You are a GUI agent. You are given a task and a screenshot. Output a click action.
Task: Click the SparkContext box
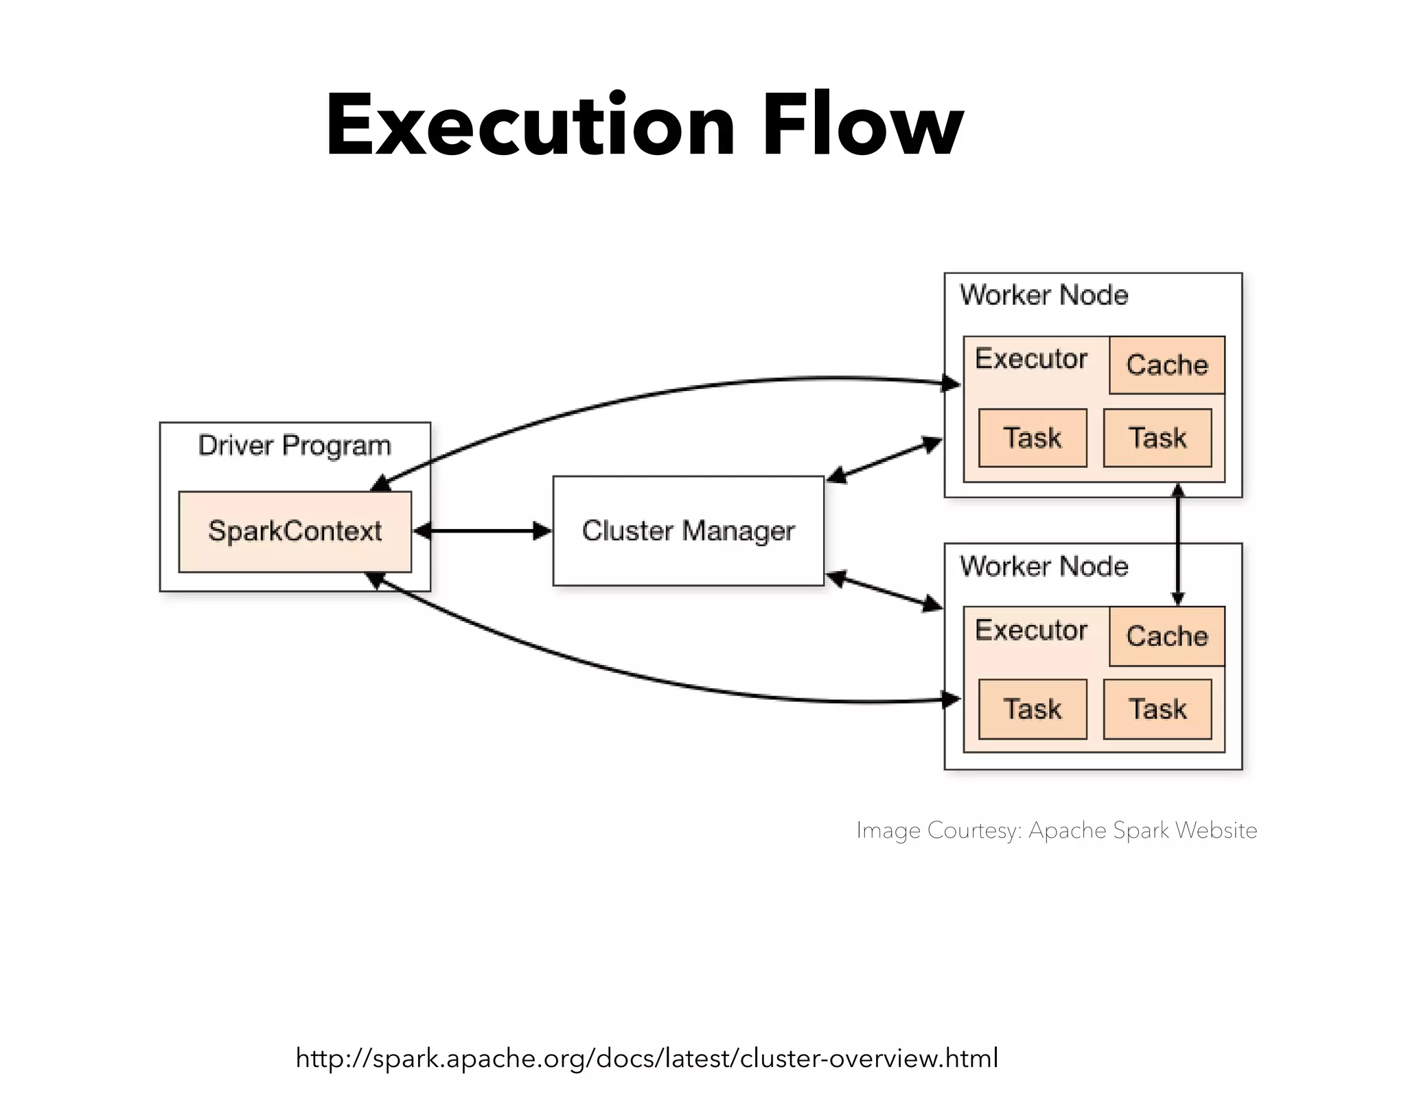[295, 531]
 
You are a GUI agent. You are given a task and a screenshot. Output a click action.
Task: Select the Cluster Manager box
[688, 530]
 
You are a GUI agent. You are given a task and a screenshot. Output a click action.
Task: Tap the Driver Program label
[295, 445]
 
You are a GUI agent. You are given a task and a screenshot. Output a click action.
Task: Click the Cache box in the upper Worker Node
[1166, 365]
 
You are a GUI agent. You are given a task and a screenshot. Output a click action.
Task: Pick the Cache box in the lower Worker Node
[1166, 636]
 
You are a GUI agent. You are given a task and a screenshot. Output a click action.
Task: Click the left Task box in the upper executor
[1032, 438]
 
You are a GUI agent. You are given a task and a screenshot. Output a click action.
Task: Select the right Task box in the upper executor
[1157, 438]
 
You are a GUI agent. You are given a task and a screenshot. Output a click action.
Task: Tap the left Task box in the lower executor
[1032, 709]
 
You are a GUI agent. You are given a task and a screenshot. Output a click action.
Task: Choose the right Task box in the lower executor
[1157, 709]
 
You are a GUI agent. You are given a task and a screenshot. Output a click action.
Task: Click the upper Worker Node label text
[1044, 295]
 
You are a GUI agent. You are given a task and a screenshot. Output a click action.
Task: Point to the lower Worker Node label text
[1044, 566]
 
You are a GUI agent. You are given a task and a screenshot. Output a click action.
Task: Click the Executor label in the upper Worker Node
[1031, 359]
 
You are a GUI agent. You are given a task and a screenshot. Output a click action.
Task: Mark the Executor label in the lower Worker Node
[1031, 630]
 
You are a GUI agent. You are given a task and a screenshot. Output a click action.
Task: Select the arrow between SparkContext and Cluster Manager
[482, 531]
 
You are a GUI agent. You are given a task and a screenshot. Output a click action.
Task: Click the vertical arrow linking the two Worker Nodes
[1178, 545]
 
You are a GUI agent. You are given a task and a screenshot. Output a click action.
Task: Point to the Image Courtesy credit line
[1057, 830]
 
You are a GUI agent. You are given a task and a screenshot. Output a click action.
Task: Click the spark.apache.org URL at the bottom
[647, 1058]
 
